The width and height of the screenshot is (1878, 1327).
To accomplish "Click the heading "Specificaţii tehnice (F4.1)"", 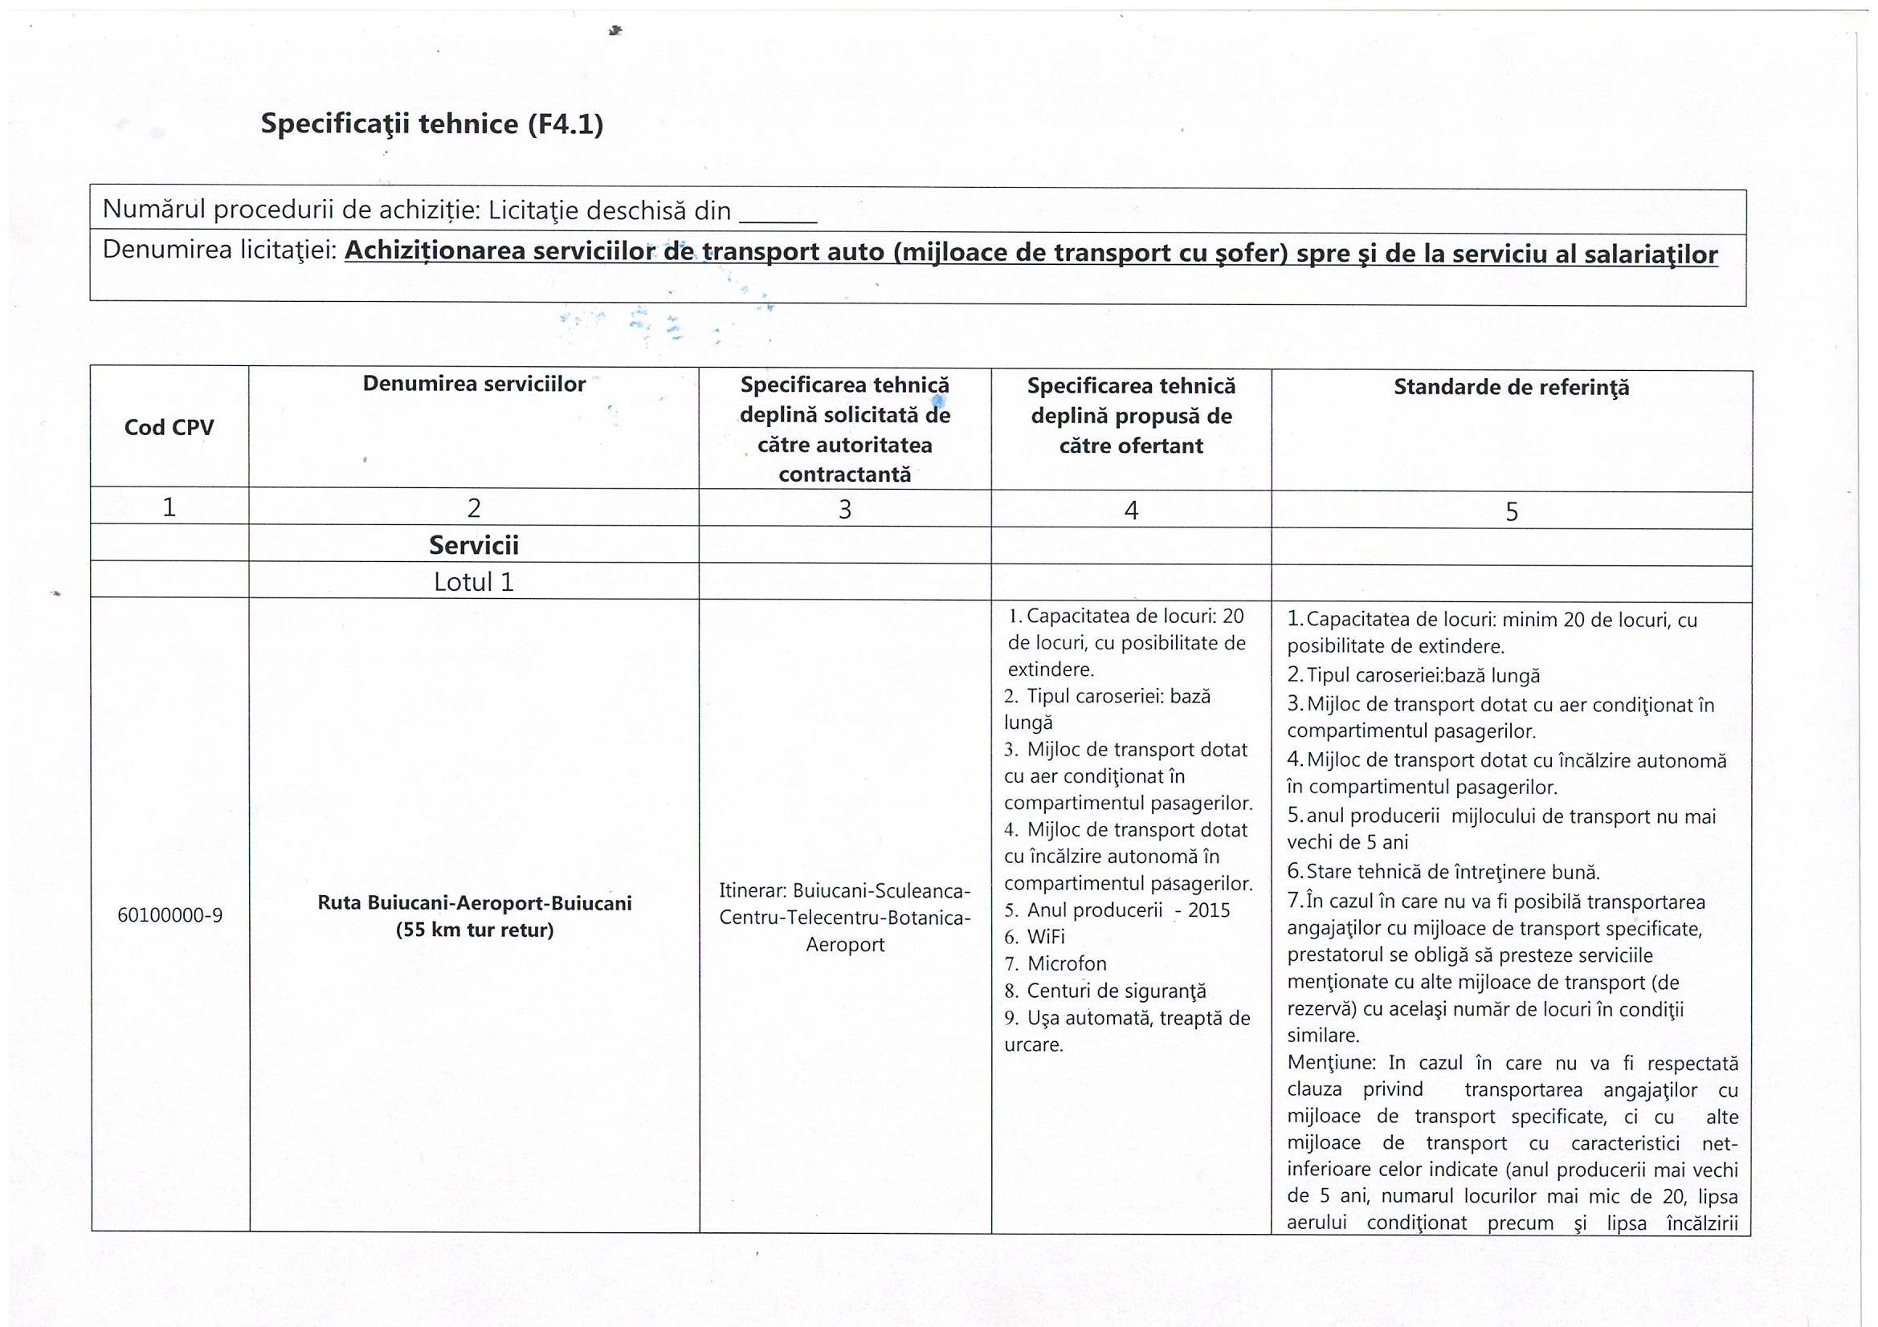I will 431,124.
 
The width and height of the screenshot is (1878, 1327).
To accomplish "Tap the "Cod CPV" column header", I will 169,428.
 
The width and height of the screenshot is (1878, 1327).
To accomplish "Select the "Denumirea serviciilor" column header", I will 474,385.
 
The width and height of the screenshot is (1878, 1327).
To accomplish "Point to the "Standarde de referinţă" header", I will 1511,388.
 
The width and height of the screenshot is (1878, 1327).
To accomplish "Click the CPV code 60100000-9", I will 170,915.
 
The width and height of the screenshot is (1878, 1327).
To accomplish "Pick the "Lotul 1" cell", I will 474,582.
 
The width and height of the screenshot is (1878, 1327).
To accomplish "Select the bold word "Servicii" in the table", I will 474,545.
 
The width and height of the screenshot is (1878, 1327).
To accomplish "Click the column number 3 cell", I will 845,510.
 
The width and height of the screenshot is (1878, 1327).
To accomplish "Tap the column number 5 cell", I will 1512,512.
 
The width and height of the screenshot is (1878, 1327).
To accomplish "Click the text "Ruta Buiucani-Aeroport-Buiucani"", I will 475,903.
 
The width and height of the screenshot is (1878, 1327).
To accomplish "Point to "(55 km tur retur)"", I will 475,930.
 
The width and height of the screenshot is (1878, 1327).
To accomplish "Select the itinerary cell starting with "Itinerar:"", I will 845,918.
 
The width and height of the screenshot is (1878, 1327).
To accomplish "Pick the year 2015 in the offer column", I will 1208,911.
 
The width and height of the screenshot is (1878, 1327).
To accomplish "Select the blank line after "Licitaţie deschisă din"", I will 777,214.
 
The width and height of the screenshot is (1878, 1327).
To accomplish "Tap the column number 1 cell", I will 169,507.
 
